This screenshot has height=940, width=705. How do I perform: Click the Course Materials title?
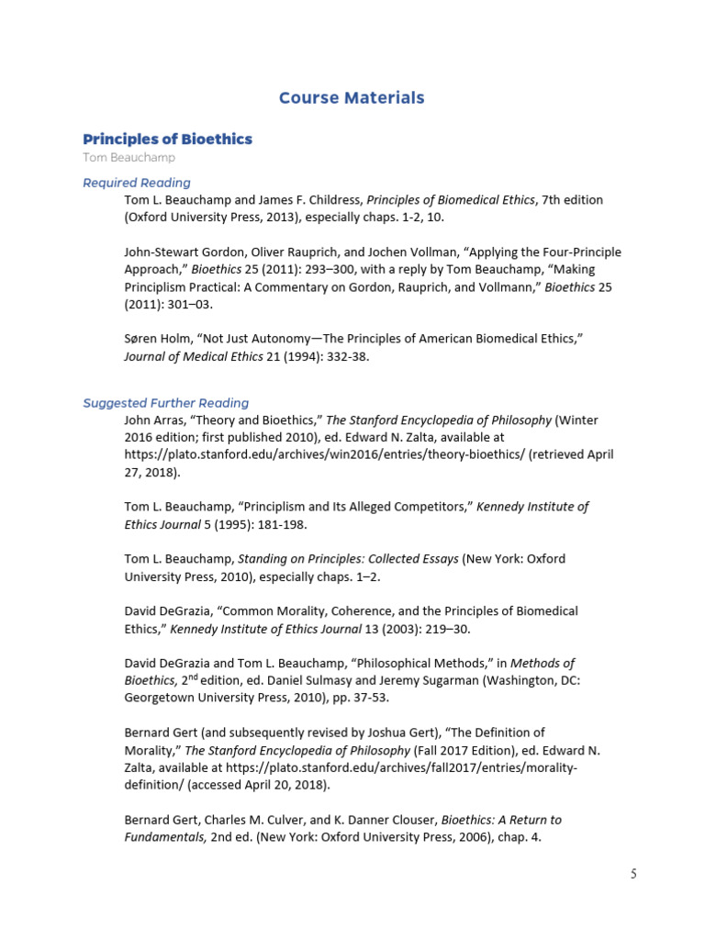(x=352, y=97)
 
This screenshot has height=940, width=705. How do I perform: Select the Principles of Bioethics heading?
(x=167, y=139)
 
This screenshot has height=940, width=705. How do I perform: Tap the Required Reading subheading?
(x=137, y=182)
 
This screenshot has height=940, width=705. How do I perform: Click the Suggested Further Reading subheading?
(x=166, y=402)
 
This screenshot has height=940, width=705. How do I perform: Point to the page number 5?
(x=633, y=874)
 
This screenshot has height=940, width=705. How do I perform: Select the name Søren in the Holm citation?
(x=143, y=339)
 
